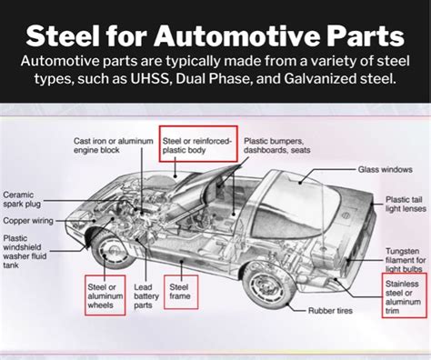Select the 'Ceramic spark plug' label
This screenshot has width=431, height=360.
click(x=25, y=200)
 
